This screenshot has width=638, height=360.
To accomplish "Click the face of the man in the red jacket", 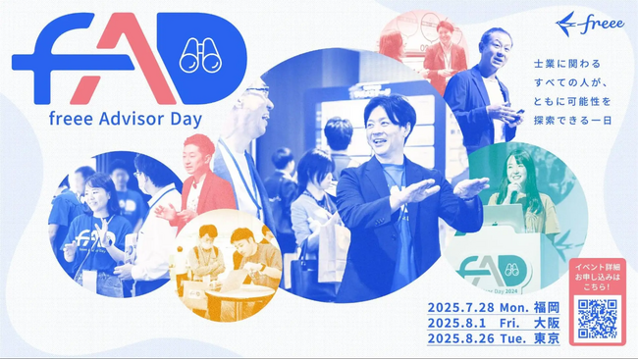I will (x=199, y=155).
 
